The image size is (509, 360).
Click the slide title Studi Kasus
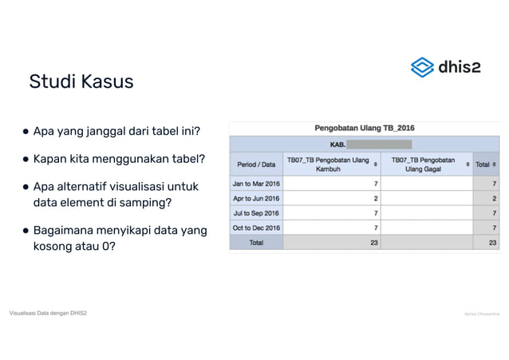pos(81,81)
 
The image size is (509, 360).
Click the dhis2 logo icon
pos(422,68)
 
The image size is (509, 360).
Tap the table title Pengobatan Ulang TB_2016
pos(365,128)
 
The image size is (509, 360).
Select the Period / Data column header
pos(256,164)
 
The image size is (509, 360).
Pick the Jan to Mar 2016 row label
pos(256,184)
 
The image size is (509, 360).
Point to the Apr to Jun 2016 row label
pos(256,199)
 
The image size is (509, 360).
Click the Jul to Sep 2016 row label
pos(256,213)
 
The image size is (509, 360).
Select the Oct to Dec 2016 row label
pos(256,227)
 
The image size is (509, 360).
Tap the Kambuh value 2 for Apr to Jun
pos(375,199)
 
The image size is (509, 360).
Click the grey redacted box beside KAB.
pos(379,144)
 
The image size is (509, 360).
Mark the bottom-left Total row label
pos(256,242)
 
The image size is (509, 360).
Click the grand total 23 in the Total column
pos(492,242)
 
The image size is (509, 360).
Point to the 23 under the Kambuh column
pos(373,242)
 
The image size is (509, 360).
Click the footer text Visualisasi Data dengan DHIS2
pos(48,313)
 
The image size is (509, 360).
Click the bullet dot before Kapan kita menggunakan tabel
pos(26,159)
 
